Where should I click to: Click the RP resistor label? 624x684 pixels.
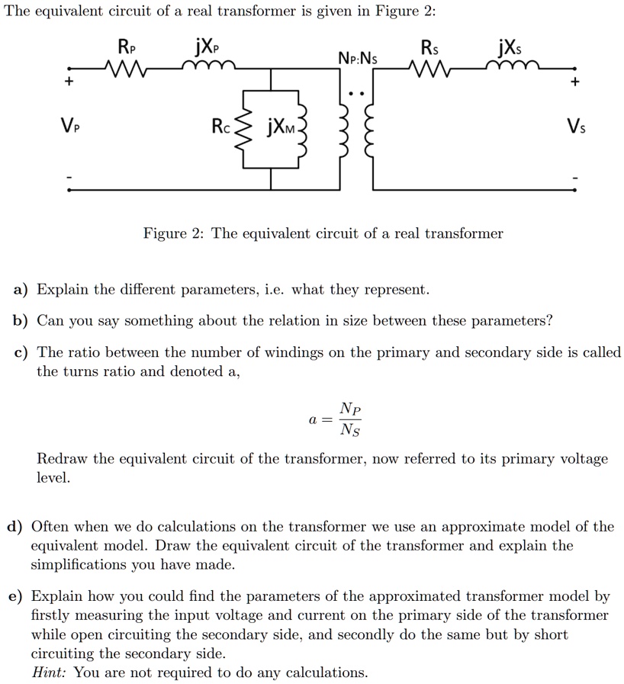[x=126, y=47]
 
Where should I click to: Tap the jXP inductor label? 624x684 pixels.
[x=207, y=47]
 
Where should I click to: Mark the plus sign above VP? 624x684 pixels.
[x=69, y=82]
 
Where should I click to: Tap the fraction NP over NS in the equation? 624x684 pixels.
[x=352, y=419]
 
